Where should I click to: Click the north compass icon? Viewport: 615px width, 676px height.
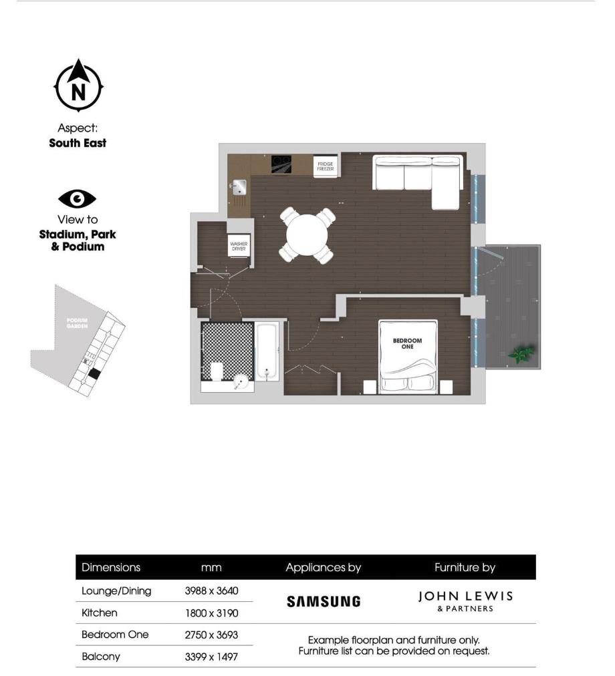pos(78,86)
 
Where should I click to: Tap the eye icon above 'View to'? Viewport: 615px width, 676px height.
pos(78,198)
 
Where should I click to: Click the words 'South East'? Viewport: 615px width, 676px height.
pos(78,143)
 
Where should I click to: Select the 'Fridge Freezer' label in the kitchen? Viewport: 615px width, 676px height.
pos(325,166)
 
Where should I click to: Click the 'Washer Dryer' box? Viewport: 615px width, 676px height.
pos(239,246)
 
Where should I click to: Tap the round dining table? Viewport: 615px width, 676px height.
pos(307,234)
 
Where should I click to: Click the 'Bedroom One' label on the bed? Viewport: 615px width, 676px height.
pos(407,343)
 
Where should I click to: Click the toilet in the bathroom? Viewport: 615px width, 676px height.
pos(217,371)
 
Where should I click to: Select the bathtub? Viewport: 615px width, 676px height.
pos(268,352)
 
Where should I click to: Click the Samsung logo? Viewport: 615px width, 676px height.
pos(324,601)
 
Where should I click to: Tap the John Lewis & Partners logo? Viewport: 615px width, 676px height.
pos(465,601)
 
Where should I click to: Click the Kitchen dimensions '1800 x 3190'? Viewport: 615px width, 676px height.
pos(211,613)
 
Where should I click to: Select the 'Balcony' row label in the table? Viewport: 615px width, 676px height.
pos(101,657)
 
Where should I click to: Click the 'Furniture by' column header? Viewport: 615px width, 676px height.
pos(465,568)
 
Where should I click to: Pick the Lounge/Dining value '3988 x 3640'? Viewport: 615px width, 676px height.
pos(211,590)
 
